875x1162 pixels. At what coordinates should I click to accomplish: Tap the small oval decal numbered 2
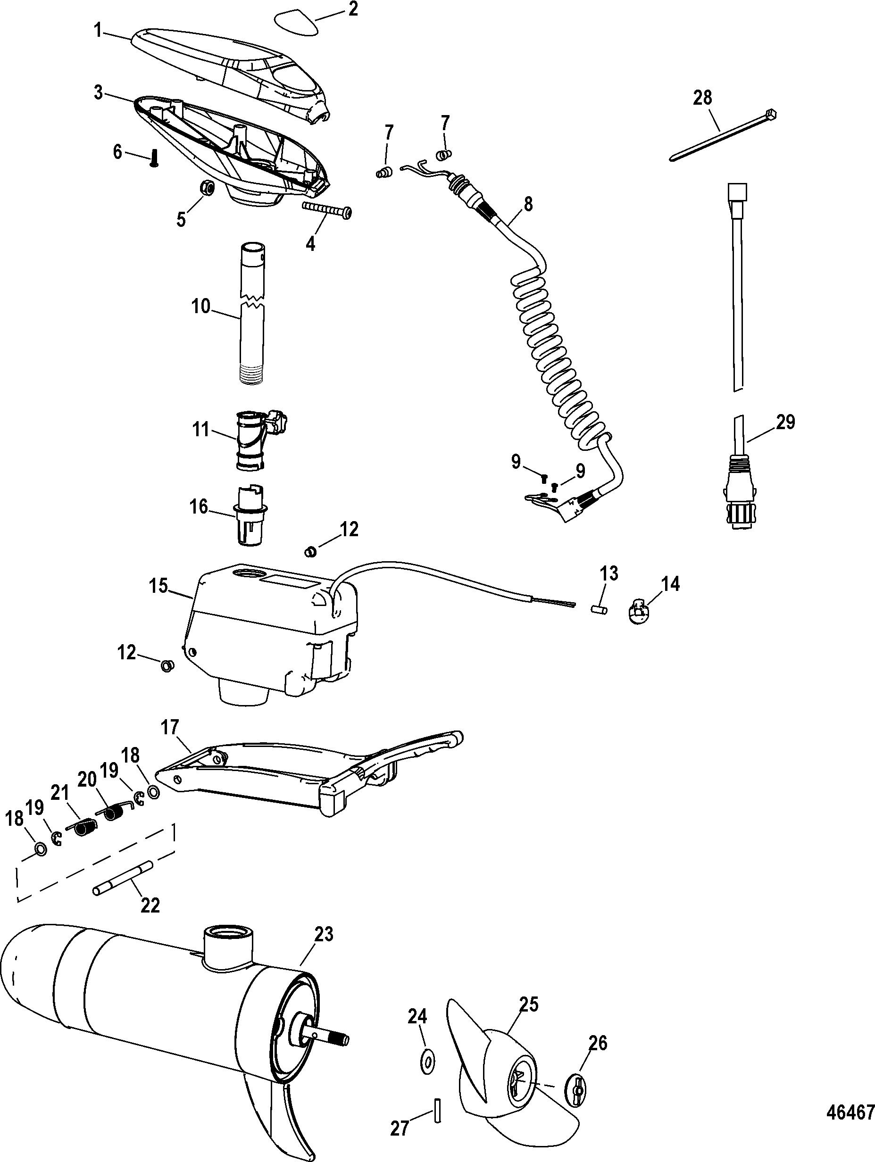pos(296,23)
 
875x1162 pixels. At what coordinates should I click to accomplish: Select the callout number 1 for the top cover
pos(98,31)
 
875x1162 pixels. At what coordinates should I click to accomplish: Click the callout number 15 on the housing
pos(158,585)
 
